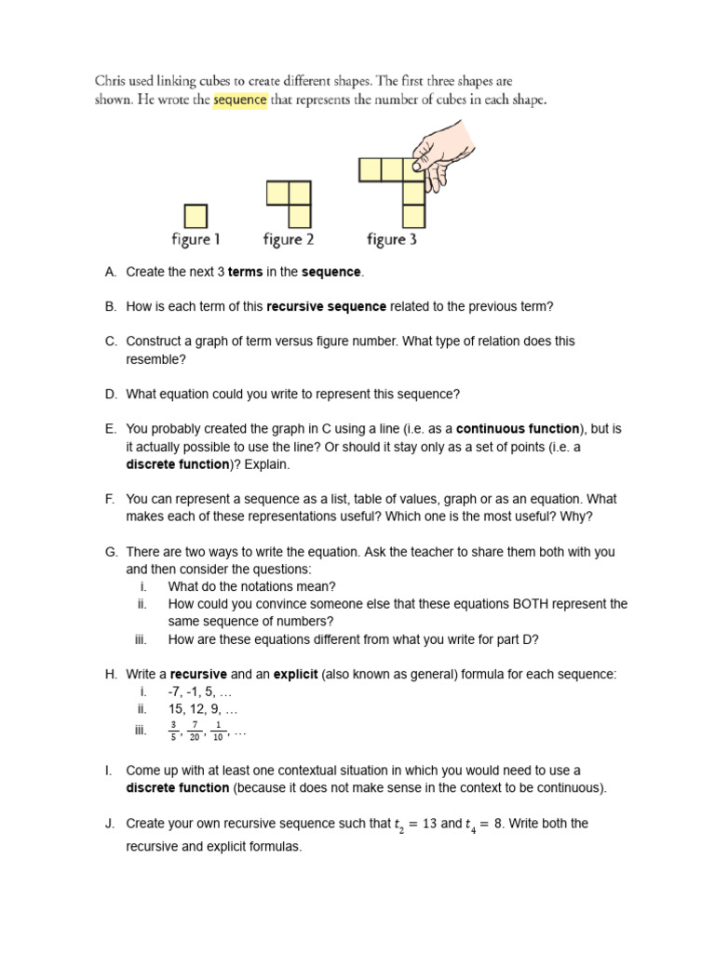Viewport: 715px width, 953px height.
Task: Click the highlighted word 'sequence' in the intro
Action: point(240,101)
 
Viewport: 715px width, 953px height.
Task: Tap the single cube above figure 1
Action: point(195,216)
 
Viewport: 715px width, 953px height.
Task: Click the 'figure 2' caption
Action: point(288,240)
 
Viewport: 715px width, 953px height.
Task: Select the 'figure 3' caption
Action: point(392,240)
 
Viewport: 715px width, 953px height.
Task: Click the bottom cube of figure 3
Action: point(413,216)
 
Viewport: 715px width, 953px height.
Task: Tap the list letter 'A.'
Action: point(110,272)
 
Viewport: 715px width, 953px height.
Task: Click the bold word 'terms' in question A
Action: point(246,272)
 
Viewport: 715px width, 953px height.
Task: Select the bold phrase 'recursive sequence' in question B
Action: point(326,306)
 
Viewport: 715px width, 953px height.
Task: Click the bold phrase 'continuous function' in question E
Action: point(518,429)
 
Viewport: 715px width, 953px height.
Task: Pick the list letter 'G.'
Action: point(110,552)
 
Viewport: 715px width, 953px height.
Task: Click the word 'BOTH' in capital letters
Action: point(532,604)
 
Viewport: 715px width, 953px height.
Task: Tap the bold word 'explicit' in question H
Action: point(295,674)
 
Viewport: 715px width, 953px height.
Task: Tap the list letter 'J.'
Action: point(110,824)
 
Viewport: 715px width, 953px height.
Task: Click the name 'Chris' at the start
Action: point(112,82)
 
